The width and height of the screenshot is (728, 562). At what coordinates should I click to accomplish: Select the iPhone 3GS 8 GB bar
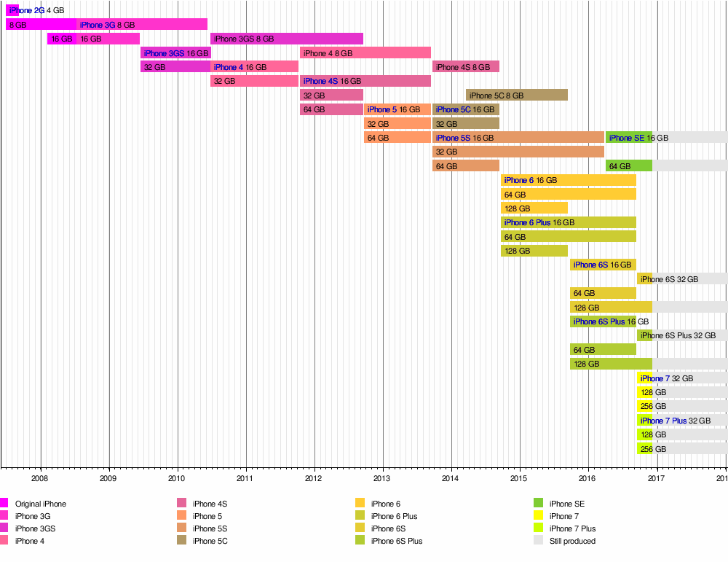(286, 39)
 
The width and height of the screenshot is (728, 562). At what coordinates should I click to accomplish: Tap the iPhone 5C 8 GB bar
(516, 95)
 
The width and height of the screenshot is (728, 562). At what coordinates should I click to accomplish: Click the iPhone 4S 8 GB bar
(465, 67)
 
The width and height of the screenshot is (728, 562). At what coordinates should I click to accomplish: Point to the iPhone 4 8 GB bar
(365, 53)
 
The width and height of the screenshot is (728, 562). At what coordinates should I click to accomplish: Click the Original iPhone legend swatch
(4, 504)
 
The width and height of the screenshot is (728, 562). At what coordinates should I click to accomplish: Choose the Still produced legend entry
(572, 541)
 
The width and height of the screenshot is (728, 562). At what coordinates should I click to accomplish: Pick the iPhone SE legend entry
(566, 504)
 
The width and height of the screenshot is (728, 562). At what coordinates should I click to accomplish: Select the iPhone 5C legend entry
(215, 541)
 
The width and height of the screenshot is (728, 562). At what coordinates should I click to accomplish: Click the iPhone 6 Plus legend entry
(394, 516)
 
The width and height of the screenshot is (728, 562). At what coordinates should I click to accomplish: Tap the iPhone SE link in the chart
(626, 138)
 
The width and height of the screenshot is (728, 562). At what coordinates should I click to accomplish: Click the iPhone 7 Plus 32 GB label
(675, 421)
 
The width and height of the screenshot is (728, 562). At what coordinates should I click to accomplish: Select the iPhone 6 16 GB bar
(568, 180)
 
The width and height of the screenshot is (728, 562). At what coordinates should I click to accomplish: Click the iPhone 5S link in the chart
(453, 138)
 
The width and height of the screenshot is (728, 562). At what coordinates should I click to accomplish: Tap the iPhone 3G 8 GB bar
(142, 25)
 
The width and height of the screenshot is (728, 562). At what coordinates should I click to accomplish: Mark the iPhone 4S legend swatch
(182, 504)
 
